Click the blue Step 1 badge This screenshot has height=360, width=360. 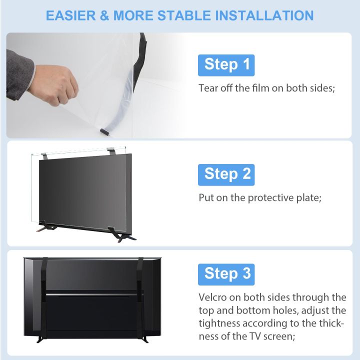tap(226, 65)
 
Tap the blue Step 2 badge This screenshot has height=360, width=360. tap(226, 174)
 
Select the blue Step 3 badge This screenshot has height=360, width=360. tap(226, 274)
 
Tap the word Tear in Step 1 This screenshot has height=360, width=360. tap(208, 88)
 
